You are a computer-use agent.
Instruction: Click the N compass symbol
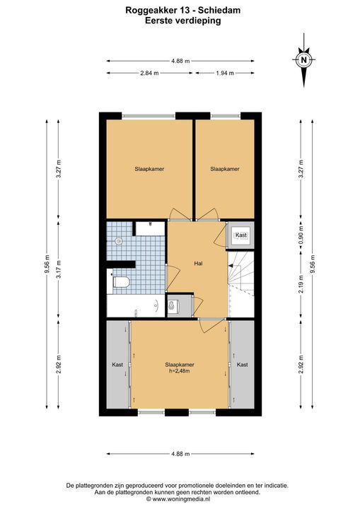pos(304,59)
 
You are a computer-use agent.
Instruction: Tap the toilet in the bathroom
pos(120,282)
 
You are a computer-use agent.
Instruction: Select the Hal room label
pos(198,263)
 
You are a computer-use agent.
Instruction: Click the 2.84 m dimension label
pos(149,73)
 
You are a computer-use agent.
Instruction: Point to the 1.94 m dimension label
pos(225,73)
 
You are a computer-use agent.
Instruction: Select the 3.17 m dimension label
pos(59,270)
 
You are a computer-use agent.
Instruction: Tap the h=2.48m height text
pos(180,371)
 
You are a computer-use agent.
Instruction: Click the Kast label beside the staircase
pos(241,235)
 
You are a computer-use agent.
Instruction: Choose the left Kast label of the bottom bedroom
pos(117,365)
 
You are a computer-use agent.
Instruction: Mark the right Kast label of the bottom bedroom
pos(243,365)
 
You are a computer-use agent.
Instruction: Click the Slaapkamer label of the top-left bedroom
pos(149,169)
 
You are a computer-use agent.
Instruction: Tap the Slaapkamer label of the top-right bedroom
pos(225,169)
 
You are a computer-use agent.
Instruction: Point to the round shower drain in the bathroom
pos(119,241)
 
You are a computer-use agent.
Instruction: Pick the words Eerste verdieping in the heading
pos(183,21)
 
